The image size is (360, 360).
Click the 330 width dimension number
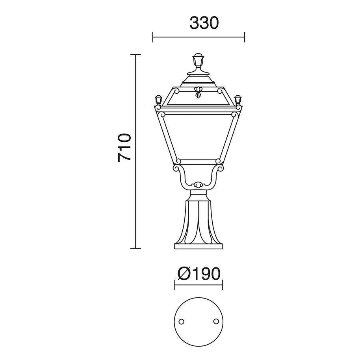point(204,23)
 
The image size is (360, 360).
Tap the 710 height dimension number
point(124,148)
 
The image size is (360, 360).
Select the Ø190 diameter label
point(199,274)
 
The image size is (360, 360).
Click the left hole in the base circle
point(181,321)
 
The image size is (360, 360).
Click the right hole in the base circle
point(216,321)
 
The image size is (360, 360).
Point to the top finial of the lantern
point(199,64)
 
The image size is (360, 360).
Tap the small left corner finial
point(158,100)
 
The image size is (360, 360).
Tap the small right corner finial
point(238,100)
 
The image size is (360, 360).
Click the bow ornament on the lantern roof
point(198,92)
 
